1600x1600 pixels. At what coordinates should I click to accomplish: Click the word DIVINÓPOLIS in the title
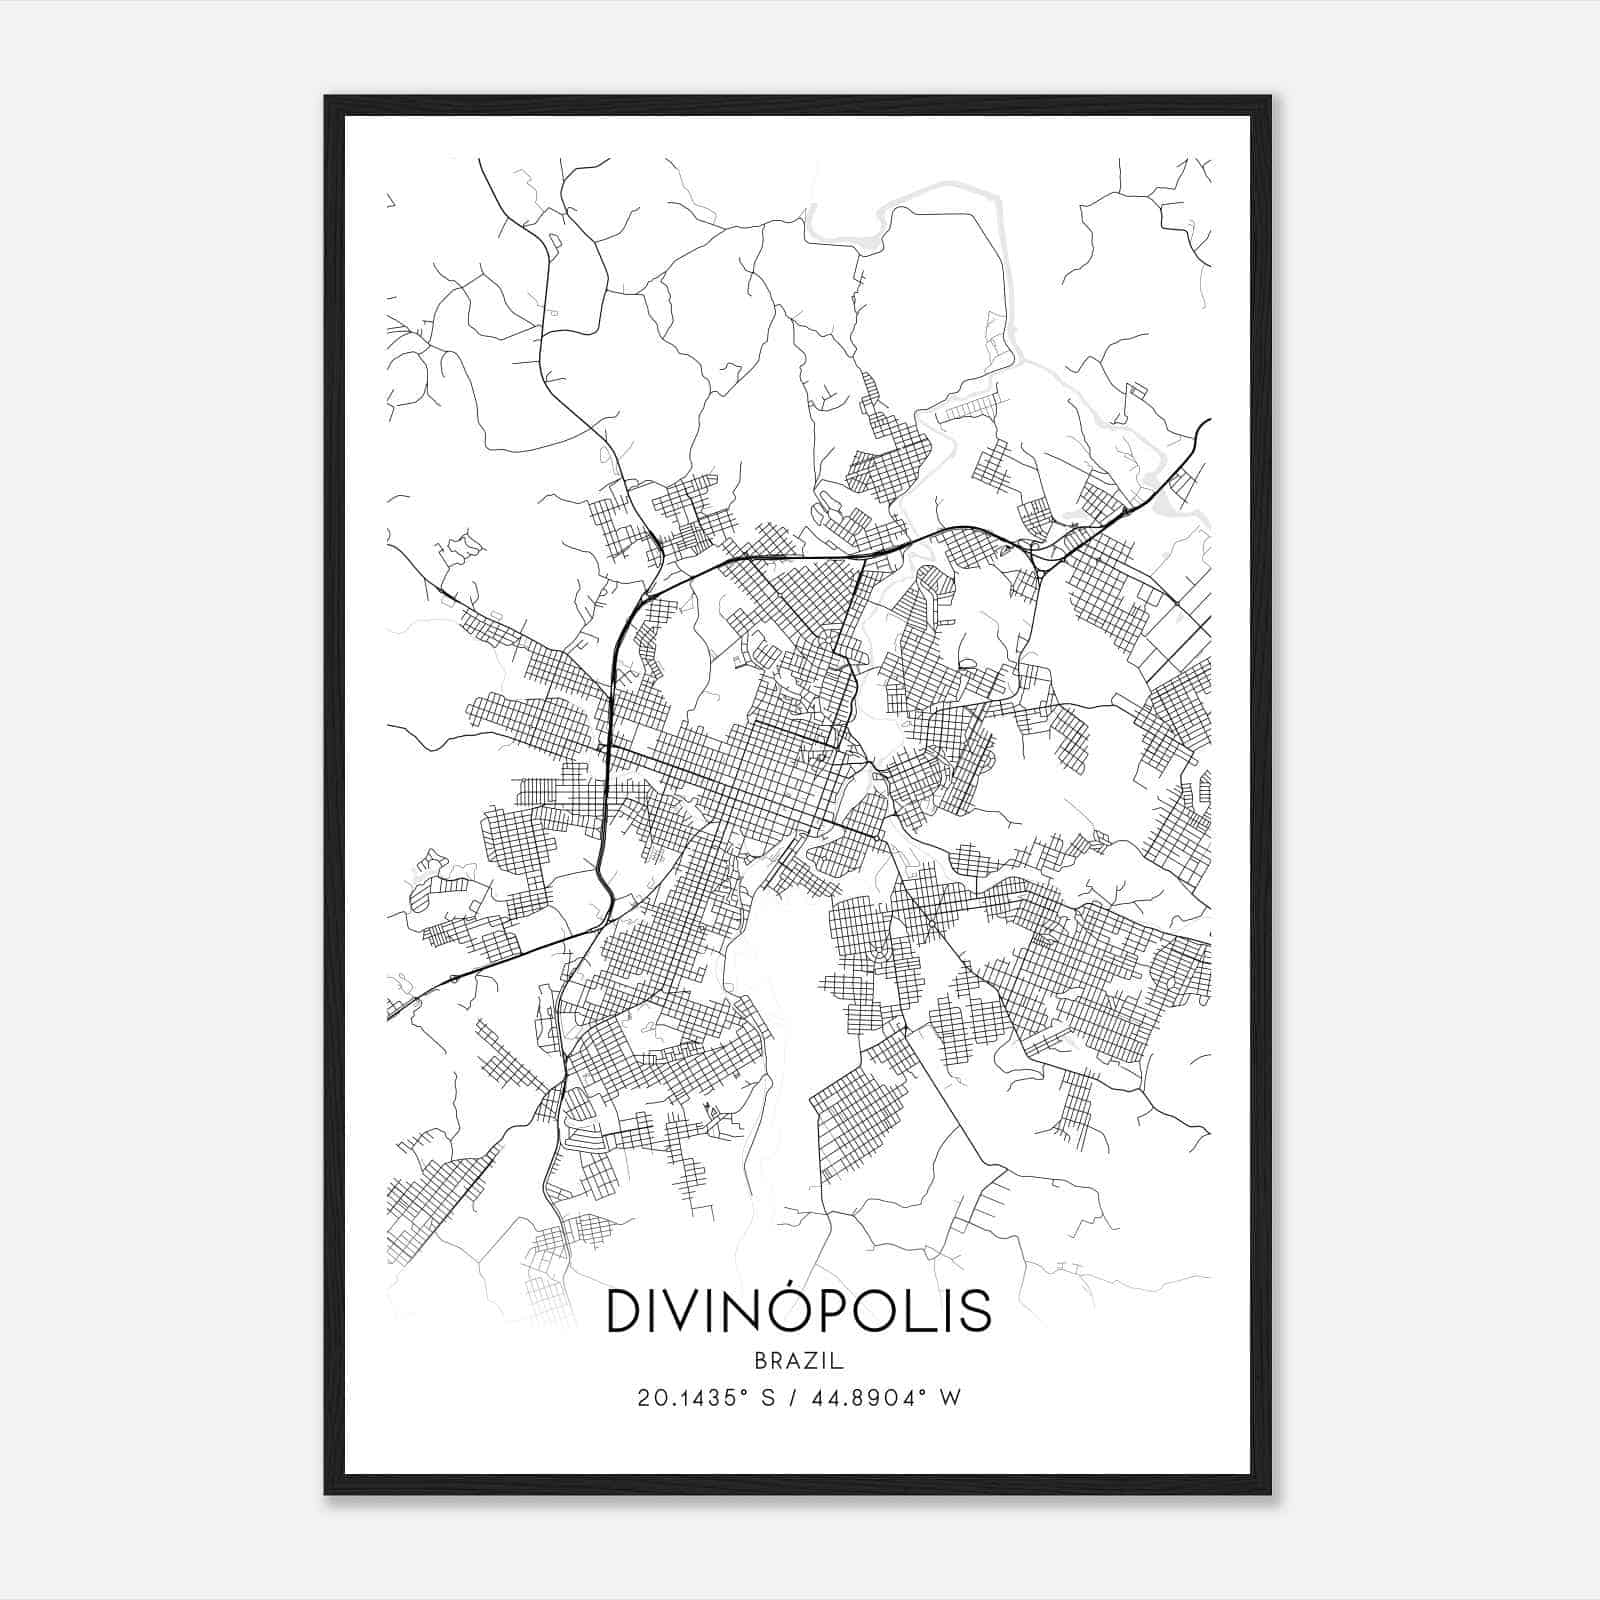pos(799,1311)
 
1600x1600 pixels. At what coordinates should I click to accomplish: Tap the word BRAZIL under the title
pos(799,1361)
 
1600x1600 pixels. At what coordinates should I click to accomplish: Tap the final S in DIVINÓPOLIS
pos(975,1311)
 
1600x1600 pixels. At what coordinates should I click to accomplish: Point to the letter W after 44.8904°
pos(951,1398)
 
